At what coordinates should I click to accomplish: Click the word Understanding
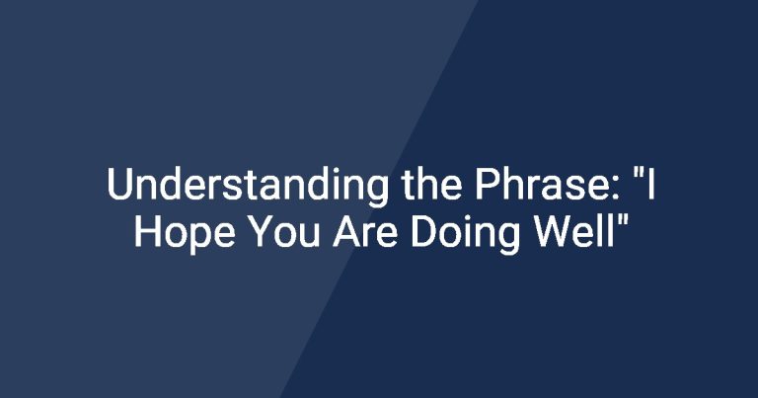pyautogui.click(x=248, y=186)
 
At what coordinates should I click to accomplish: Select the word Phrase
pyautogui.click(x=543, y=184)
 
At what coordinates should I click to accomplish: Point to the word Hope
pyautogui.click(x=185, y=234)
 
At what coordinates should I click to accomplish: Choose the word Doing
pyautogui.click(x=465, y=234)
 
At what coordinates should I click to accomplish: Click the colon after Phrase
pyautogui.click(x=615, y=189)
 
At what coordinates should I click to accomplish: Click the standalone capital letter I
pyautogui.click(x=651, y=184)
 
